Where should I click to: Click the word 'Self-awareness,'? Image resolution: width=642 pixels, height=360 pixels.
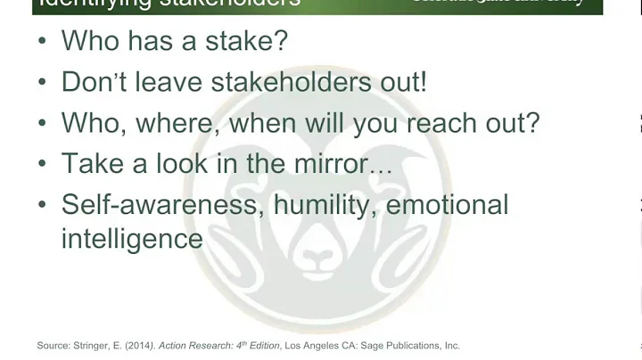(x=162, y=205)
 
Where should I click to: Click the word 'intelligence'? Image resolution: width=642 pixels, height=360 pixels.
(x=132, y=239)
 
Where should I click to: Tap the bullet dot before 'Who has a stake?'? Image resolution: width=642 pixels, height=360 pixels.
(x=42, y=41)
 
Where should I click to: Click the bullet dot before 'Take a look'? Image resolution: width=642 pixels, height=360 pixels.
(x=42, y=165)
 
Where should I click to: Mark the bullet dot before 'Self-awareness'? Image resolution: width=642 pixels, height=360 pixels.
(x=42, y=206)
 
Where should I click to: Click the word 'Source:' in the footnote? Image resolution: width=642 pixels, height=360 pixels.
(x=52, y=345)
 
